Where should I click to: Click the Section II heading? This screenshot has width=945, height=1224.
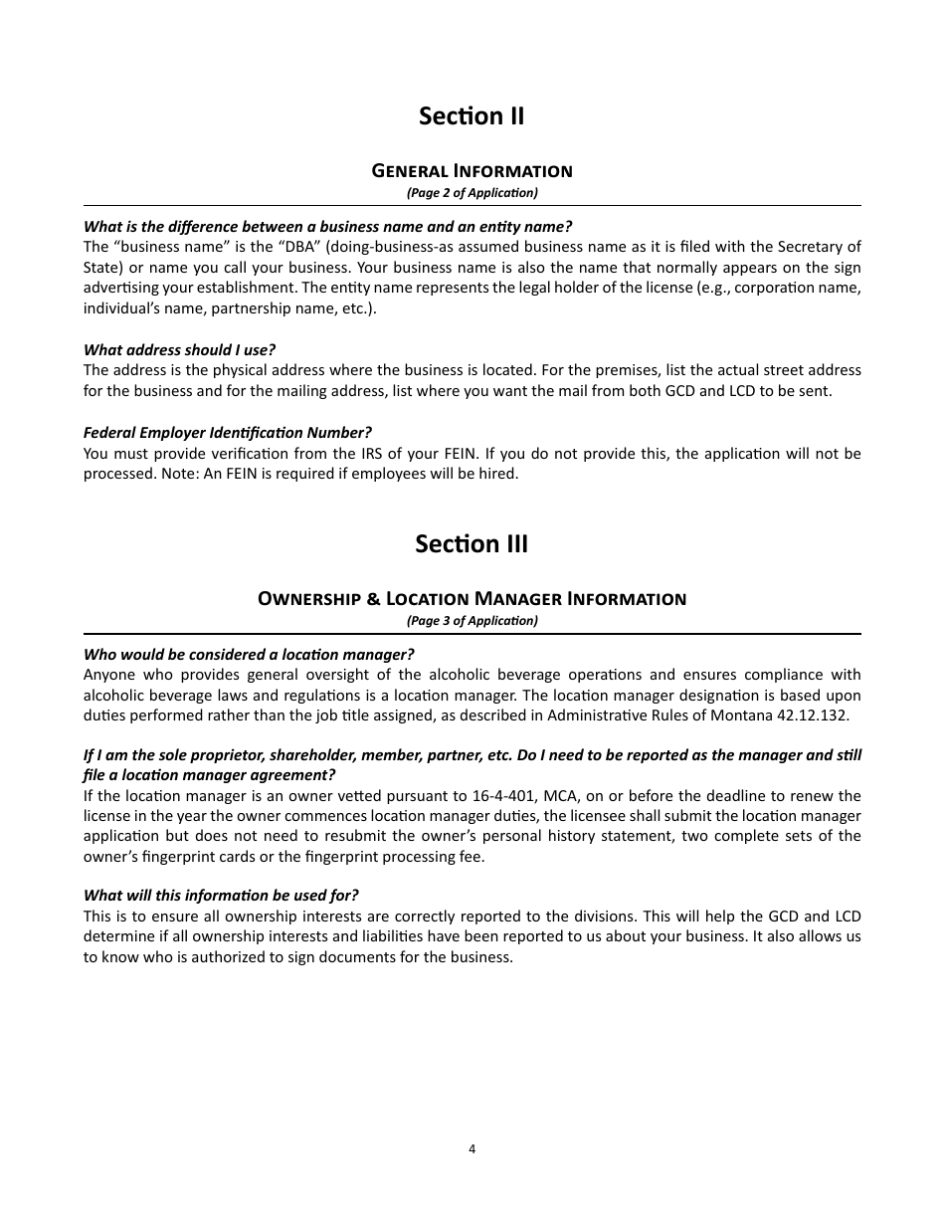pyautogui.click(x=472, y=116)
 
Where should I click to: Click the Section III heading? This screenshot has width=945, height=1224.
pyautogui.click(x=472, y=544)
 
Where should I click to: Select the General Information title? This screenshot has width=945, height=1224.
pyautogui.click(x=472, y=170)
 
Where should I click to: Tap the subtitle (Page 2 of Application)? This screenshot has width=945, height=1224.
pyautogui.click(x=472, y=192)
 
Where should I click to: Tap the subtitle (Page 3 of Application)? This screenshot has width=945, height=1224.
pyautogui.click(x=472, y=620)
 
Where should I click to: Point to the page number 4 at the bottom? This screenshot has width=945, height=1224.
pyautogui.click(x=472, y=1148)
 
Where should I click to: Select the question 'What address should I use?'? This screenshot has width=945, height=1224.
pyautogui.click(x=179, y=349)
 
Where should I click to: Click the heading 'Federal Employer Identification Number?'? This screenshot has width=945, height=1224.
pyautogui.click(x=227, y=432)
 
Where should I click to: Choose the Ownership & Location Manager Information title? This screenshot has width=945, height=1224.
pyautogui.click(x=472, y=598)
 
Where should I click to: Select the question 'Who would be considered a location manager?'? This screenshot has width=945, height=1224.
pyautogui.click(x=249, y=654)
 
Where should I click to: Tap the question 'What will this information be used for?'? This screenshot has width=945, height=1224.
pyautogui.click(x=221, y=895)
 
